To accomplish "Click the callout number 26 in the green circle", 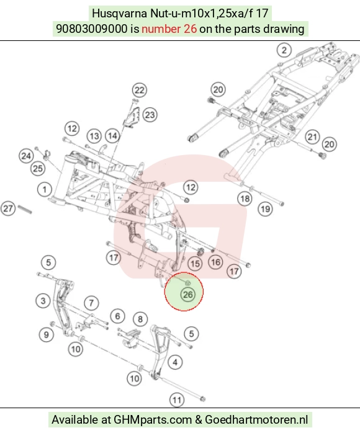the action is [187, 295].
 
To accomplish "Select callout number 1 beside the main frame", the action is [45, 190].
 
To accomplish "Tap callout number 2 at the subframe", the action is [284, 50].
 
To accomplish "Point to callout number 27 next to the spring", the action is [7, 208].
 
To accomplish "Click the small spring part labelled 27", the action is [25, 209].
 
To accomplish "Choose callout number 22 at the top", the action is [140, 90].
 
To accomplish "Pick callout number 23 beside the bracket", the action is [150, 115].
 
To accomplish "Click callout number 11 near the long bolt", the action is [176, 400].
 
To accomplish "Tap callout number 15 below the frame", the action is [195, 264].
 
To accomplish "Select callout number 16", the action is [215, 262].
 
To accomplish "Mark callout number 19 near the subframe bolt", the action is [265, 209].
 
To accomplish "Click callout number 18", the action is [245, 199].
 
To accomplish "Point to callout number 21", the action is [312, 136].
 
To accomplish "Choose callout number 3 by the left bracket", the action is [43, 300].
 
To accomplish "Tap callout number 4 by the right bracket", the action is [175, 362].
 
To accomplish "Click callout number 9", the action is [47, 335].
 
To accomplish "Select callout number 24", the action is [26, 156].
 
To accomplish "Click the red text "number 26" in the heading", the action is [169, 29].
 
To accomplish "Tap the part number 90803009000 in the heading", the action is [92, 29].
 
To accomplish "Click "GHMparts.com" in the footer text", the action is [153, 420].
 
